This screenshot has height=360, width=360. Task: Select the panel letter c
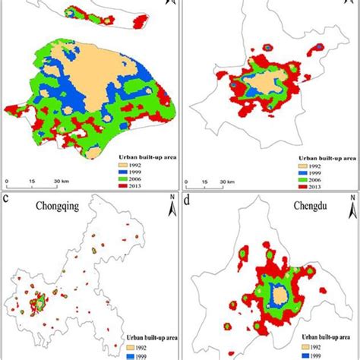[x=6, y=199]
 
